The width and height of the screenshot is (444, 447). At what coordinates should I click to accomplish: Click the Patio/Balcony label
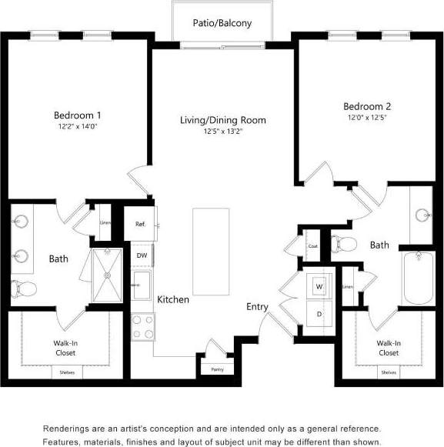(x=222, y=23)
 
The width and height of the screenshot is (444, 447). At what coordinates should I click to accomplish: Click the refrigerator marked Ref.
(x=141, y=225)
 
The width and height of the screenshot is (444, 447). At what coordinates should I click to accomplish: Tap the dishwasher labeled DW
(x=142, y=255)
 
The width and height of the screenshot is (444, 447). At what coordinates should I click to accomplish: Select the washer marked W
(x=319, y=285)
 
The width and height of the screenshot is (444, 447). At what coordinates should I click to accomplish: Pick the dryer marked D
(x=319, y=314)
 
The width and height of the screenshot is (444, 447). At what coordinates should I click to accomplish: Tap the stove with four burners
(x=142, y=327)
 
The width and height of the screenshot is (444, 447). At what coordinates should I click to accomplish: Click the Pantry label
(x=217, y=370)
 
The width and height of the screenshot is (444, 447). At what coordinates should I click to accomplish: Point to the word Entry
(x=257, y=307)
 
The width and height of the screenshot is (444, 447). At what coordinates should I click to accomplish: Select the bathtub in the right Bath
(x=416, y=279)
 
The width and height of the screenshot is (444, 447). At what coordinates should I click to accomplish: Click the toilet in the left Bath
(x=24, y=289)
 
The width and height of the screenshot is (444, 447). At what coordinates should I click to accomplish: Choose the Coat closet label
(x=312, y=246)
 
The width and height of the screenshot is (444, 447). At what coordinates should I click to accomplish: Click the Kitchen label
(x=173, y=299)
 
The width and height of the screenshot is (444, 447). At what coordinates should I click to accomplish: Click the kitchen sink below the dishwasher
(x=142, y=284)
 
